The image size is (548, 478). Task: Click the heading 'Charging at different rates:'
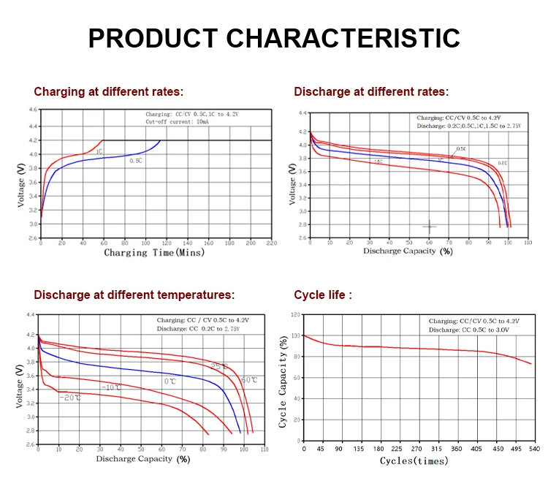(108, 92)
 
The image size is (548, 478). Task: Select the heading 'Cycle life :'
(323, 295)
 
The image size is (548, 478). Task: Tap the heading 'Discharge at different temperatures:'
(134, 295)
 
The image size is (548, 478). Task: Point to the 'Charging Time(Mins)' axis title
(154, 253)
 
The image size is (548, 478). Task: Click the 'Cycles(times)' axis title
(414, 460)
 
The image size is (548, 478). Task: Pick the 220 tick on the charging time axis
(272, 242)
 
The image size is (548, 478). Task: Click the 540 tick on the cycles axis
(533, 449)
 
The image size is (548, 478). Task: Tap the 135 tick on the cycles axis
(360, 449)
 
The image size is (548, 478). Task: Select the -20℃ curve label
(70, 397)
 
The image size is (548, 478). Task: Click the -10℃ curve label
(111, 387)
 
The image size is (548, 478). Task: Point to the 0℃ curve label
(170, 382)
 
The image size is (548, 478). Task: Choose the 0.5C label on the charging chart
(136, 160)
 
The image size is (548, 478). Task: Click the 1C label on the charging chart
(98, 132)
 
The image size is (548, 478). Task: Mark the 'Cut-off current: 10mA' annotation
(178, 122)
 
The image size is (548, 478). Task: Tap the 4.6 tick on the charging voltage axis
(32, 110)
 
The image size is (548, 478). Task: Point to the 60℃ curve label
(248, 380)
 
